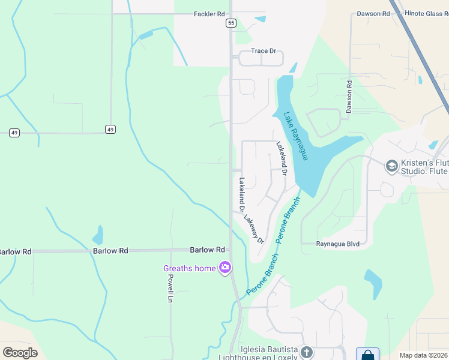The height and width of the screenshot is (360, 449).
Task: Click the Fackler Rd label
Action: [209, 14]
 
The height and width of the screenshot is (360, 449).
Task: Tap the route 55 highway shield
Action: [231, 23]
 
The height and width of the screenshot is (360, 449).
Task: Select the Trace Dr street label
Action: [264, 51]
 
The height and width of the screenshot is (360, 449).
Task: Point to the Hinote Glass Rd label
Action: [424, 14]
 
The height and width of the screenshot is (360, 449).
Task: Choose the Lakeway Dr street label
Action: [254, 229]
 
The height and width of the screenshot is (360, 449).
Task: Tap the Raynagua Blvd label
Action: [338, 244]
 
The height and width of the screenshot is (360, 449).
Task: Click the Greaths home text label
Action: [189, 268]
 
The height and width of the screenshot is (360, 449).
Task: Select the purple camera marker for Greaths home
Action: [225, 268]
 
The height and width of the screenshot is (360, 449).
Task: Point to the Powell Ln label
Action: [170, 288]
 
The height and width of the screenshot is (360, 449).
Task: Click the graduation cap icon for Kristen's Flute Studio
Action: [392, 166]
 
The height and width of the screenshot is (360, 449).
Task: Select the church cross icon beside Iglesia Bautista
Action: [307, 352]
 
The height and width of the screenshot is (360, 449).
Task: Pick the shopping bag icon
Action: [367, 355]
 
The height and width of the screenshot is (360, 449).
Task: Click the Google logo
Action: [20, 353]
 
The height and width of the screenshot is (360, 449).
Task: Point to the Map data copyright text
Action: [423, 355]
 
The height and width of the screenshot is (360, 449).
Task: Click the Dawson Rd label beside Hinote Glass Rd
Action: [378, 14]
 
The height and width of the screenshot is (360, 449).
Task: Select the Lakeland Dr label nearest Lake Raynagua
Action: [282, 158]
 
